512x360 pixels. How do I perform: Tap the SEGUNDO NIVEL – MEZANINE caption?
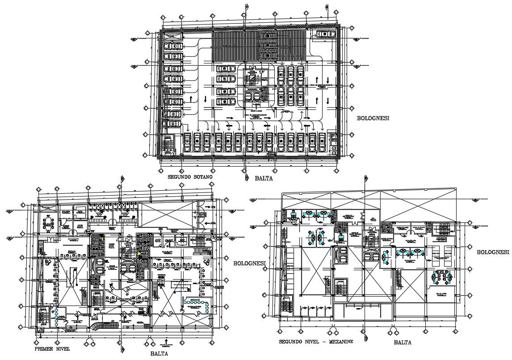click(x=316, y=342)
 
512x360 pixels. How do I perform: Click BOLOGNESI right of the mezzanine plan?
click(x=493, y=252)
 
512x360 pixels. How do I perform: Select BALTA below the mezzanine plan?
click(x=403, y=343)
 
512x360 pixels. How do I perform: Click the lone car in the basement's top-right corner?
click(x=323, y=34)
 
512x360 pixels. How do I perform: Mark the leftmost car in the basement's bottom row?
click(x=187, y=142)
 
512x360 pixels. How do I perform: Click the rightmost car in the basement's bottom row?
click(x=322, y=142)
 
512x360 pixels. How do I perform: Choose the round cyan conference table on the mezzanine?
click(x=441, y=277)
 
